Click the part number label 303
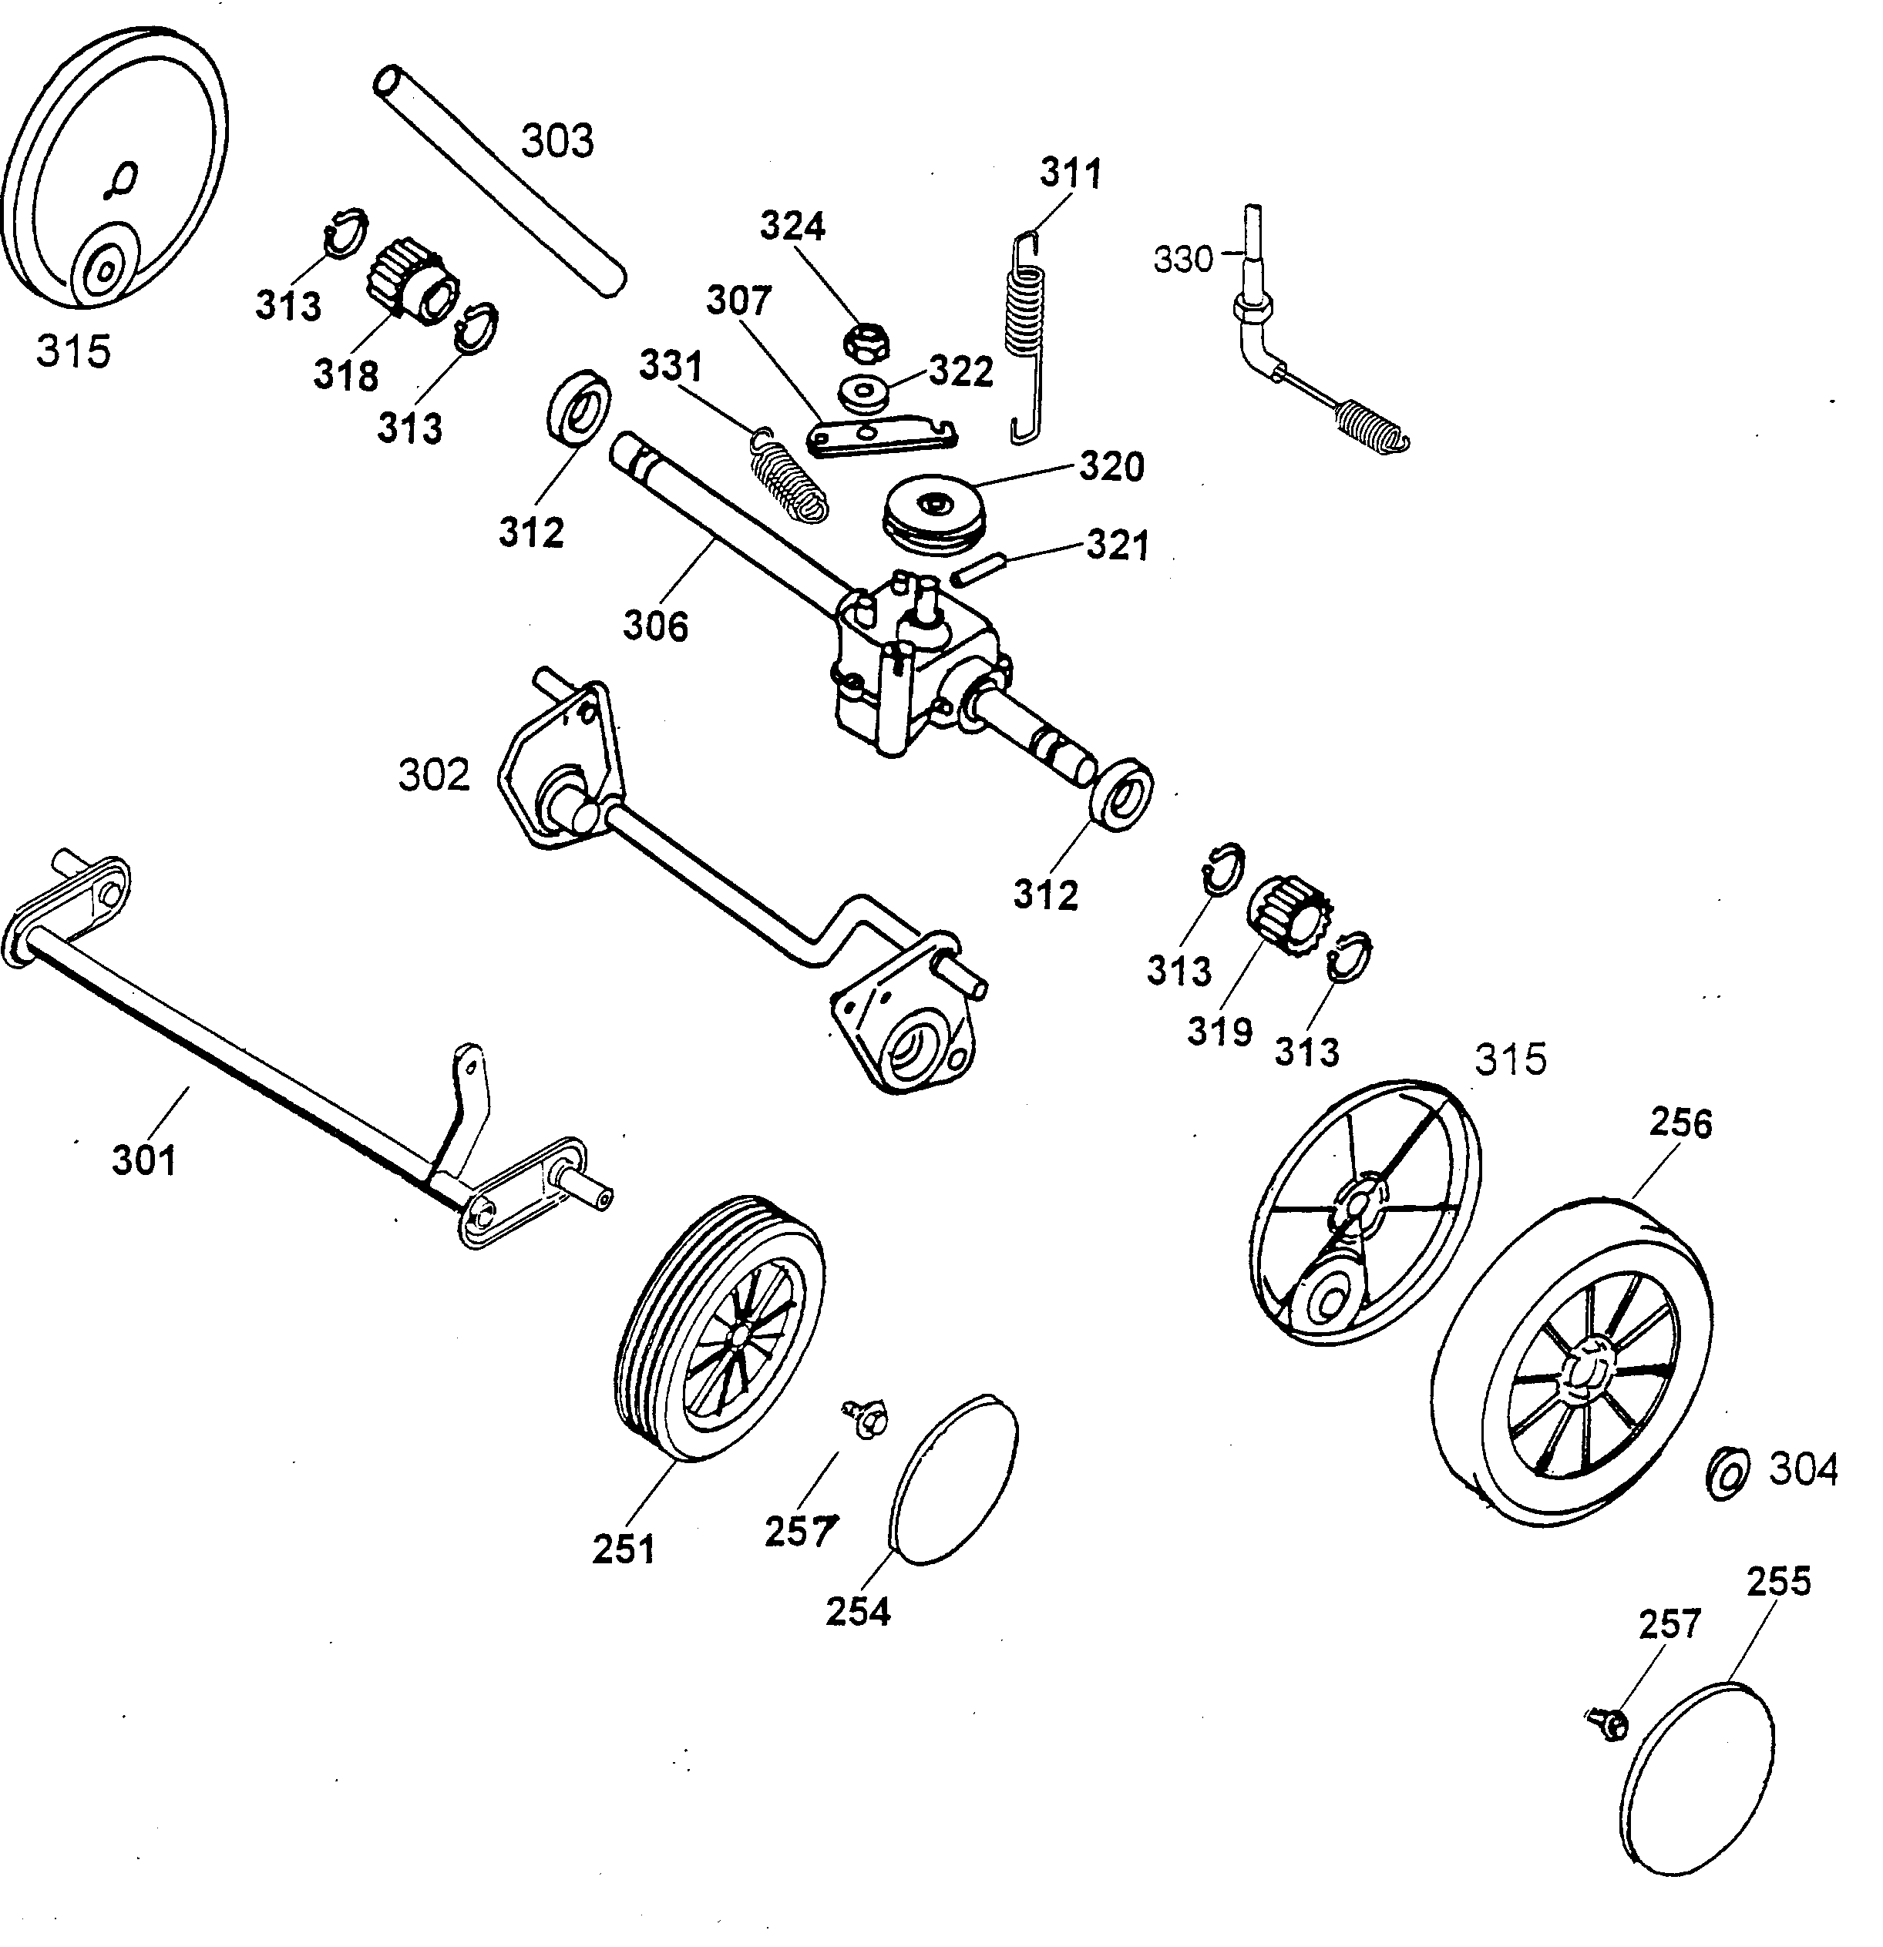pyautogui.click(x=556, y=141)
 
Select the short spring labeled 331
pyautogui.click(x=787, y=475)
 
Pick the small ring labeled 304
pyautogui.click(x=1728, y=1473)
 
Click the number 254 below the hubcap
pyautogui.click(x=858, y=1610)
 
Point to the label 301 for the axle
pyautogui.click(x=144, y=1160)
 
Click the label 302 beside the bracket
pyautogui.click(x=434, y=775)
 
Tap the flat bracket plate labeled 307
pyautogui.click(x=883, y=437)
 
